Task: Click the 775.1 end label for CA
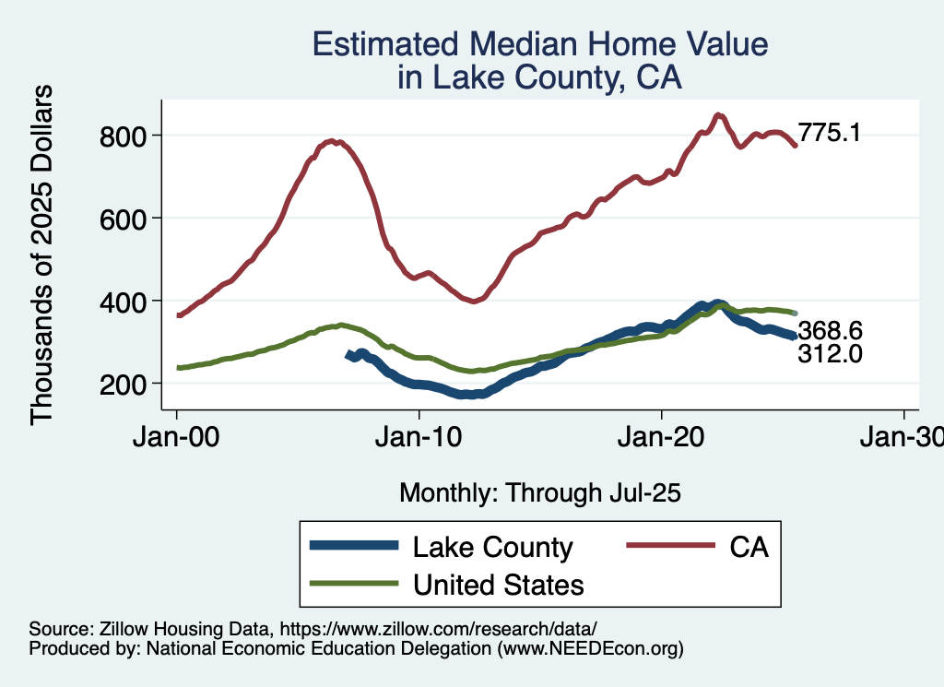[830, 134]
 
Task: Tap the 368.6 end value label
[830, 331]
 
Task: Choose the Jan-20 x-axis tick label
[662, 439]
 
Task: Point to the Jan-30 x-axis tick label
[902, 439]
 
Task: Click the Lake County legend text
[492, 547]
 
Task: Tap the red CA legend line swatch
[669, 547]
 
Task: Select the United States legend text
[498, 584]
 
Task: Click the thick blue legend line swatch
[355, 547]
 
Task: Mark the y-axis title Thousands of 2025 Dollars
[42, 255]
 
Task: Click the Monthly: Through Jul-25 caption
[539, 493]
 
